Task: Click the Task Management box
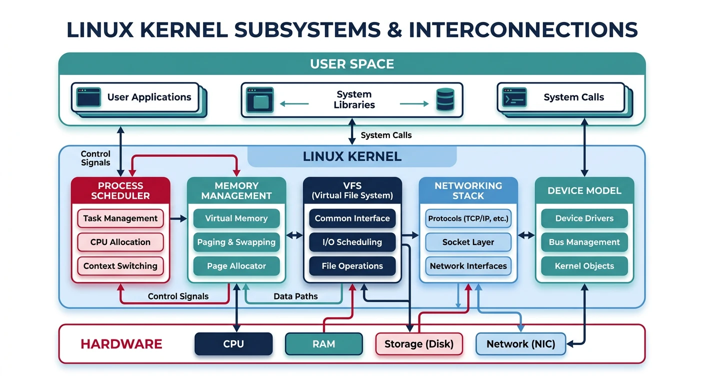click(x=120, y=218)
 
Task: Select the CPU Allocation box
click(x=120, y=242)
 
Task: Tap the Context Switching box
click(x=120, y=266)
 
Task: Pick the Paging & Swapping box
click(x=236, y=242)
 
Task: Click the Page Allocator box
click(x=236, y=266)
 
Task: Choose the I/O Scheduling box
click(x=352, y=242)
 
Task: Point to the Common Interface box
click(x=352, y=218)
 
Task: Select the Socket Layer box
click(x=468, y=242)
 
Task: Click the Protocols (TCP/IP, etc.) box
click(x=468, y=218)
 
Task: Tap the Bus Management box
click(x=584, y=242)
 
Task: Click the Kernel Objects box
click(x=584, y=266)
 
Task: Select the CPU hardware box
click(x=233, y=344)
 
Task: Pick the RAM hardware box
click(x=323, y=344)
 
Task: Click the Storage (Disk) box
click(x=419, y=344)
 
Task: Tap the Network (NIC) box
click(x=520, y=344)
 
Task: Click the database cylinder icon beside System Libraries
click(x=444, y=99)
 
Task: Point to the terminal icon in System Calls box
click(x=514, y=97)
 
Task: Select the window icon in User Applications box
click(x=89, y=97)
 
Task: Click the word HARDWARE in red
click(x=121, y=344)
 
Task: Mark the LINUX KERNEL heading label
click(x=352, y=156)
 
